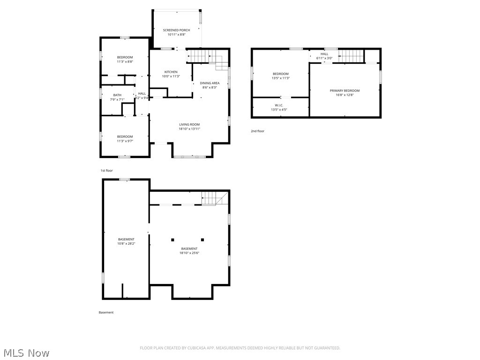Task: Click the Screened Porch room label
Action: pos(177,30)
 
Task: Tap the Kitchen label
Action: pos(171,72)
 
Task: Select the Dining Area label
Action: pos(210,83)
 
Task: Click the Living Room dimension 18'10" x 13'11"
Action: pos(189,128)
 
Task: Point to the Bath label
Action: pos(117,95)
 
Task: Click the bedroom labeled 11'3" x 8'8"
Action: pos(125,61)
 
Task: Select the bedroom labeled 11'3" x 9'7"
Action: pos(125,141)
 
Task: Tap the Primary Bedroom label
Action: pos(345,90)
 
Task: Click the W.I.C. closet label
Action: pos(279,105)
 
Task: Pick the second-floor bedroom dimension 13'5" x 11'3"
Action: pos(281,78)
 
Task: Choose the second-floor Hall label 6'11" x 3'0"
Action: pos(324,58)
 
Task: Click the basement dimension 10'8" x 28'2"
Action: pos(126,243)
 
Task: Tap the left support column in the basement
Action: pos(172,240)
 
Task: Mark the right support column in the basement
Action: pos(202,240)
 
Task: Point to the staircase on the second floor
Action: pos(351,56)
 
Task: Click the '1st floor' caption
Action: pos(106,171)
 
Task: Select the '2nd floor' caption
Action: pos(257,131)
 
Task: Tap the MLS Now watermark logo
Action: pos(26,352)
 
